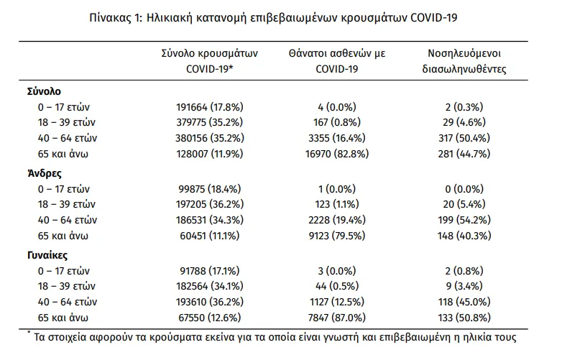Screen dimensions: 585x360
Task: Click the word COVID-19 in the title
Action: coord(434,17)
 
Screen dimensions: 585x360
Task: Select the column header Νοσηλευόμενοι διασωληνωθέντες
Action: coord(464,61)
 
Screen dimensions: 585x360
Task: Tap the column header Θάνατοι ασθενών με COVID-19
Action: coord(337,61)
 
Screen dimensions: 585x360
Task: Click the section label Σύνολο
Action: coord(44,91)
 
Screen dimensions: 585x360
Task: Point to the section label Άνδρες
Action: coord(45,173)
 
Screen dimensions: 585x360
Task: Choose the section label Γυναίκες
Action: coord(47,256)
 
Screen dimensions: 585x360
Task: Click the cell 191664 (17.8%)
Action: coord(210,107)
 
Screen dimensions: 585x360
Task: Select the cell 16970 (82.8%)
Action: coord(337,154)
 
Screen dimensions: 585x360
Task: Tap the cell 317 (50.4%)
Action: coord(464,138)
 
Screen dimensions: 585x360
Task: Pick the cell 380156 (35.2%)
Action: coord(210,138)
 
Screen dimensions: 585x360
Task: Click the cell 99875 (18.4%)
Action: coord(210,189)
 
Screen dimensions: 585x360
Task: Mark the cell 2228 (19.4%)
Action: coord(337,220)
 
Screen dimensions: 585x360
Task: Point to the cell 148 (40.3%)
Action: coord(464,236)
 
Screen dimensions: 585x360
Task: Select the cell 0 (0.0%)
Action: coord(464,189)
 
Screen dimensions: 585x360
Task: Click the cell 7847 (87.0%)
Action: coord(337,318)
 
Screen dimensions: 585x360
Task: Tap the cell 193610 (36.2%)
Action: coord(210,302)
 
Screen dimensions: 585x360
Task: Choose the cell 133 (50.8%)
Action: coord(464,318)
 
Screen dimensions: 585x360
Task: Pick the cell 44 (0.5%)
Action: coord(337,286)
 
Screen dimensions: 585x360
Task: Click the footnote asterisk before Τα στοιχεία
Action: coord(29,333)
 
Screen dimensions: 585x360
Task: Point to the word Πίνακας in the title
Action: coord(111,17)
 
